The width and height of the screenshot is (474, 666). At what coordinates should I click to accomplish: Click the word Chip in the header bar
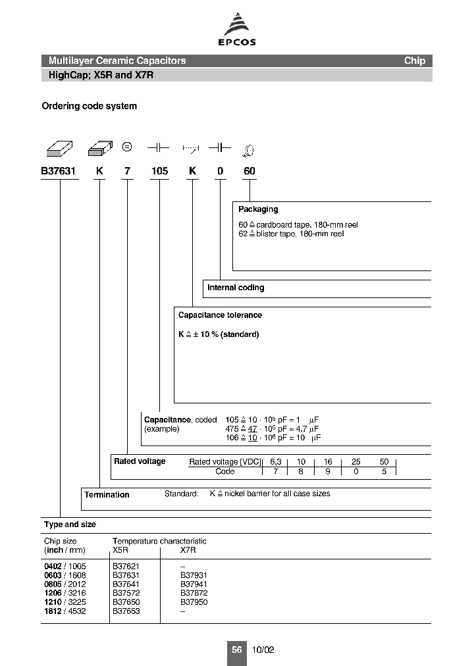tap(415, 61)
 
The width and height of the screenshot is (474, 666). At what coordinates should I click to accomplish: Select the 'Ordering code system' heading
tap(90, 106)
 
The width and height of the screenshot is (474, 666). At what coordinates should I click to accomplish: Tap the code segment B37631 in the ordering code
tap(59, 172)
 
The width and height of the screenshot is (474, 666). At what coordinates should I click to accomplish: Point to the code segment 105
tap(159, 172)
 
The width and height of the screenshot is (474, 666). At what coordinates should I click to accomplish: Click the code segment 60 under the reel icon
tap(249, 172)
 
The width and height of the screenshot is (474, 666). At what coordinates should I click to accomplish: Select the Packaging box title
tap(258, 209)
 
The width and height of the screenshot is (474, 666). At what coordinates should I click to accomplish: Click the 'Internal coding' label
tap(236, 288)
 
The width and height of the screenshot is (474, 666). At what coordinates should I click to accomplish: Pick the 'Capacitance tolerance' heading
tap(220, 315)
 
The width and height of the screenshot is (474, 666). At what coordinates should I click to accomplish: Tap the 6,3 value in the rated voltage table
tap(276, 462)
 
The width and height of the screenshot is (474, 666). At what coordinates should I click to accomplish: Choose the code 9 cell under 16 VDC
tap(329, 472)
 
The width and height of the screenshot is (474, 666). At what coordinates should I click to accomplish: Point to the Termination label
tap(107, 495)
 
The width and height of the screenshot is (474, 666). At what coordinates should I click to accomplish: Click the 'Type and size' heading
tap(70, 525)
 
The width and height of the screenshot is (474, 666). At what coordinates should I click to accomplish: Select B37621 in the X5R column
tap(126, 566)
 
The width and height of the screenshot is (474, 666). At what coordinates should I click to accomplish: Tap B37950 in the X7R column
tap(194, 602)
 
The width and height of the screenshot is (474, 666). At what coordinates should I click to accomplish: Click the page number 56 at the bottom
tap(236, 650)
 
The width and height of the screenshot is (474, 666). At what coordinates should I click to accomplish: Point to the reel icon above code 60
tap(249, 151)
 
